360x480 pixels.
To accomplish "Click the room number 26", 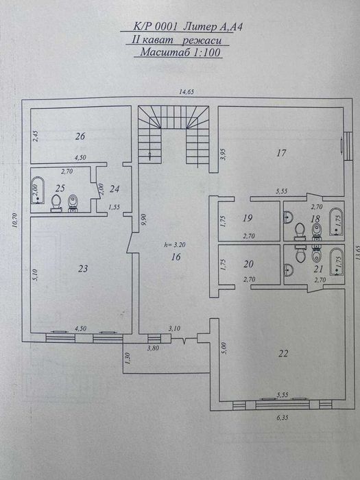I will pyautogui.click(x=80, y=136).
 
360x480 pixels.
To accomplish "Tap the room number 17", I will pyautogui.click(x=280, y=153).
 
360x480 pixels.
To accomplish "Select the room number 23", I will pyautogui.click(x=84, y=269).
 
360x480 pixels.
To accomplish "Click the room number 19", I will pyautogui.click(x=248, y=219).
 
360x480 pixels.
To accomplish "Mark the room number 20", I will pyautogui.click(x=248, y=264).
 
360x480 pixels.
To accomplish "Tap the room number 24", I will pyautogui.click(x=115, y=189).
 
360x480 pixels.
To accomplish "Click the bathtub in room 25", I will pyautogui.click(x=38, y=192).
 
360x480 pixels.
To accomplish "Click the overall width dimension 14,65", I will pyautogui.click(x=180, y=91).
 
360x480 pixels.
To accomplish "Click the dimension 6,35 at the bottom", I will pyautogui.click(x=282, y=415).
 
